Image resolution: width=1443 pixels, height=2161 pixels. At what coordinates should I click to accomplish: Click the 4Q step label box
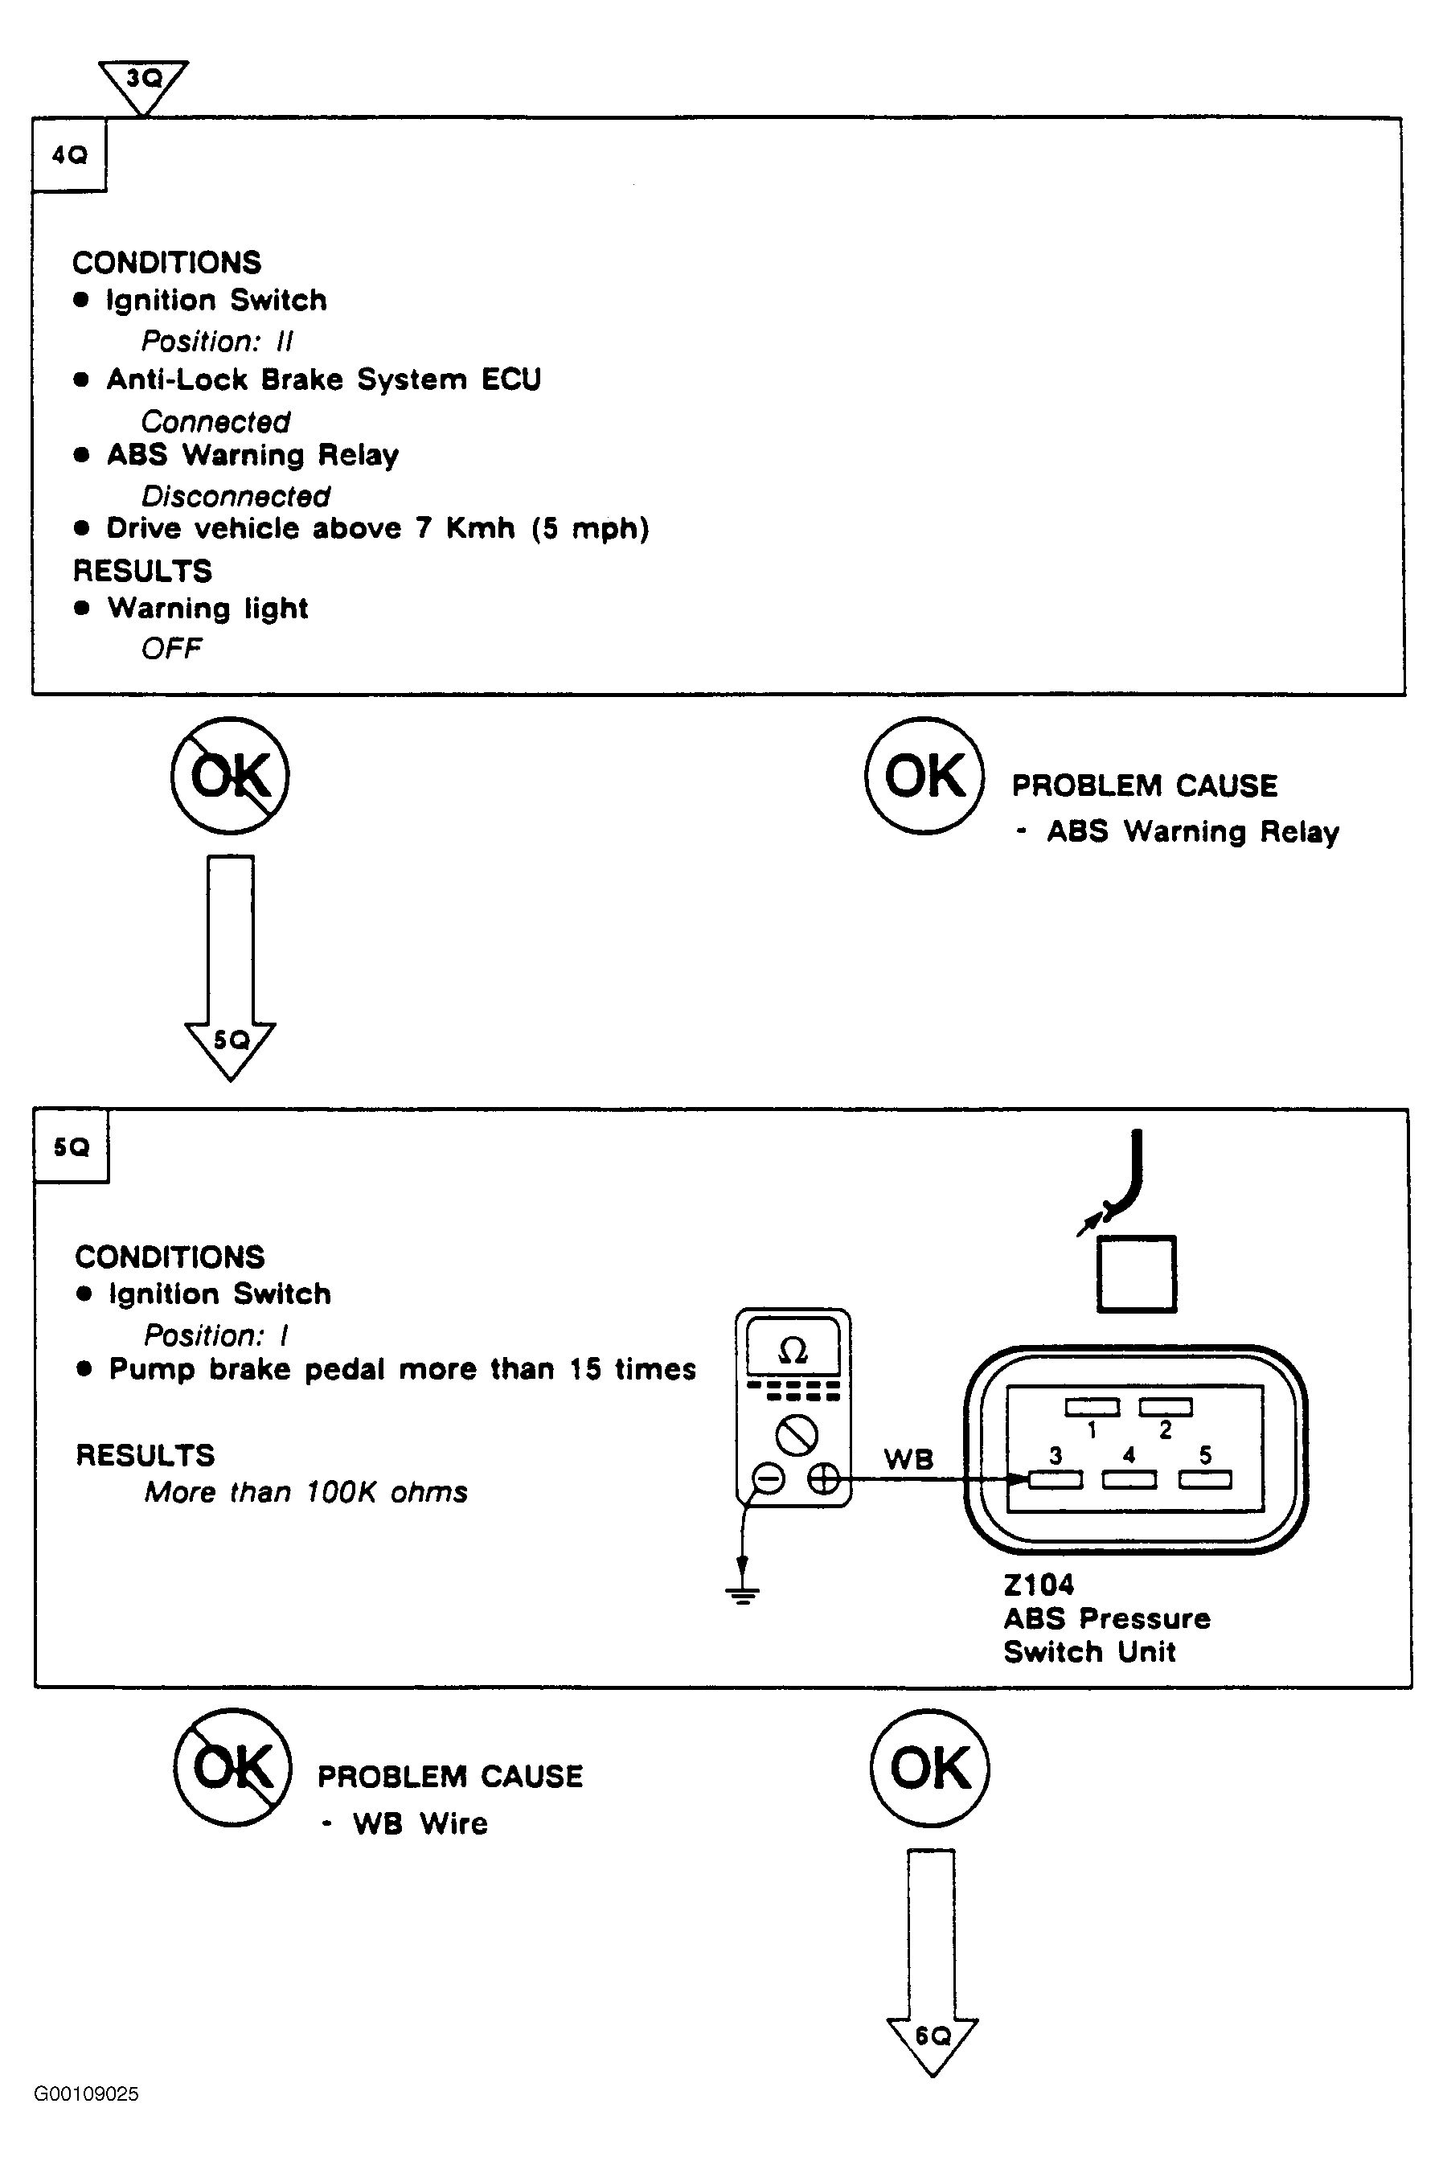[70, 154]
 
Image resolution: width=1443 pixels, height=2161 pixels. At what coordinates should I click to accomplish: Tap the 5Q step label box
[71, 1146]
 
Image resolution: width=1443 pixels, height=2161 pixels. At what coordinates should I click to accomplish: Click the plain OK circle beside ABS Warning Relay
[924, 776]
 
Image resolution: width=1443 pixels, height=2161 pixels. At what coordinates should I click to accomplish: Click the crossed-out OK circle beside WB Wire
[233, 1768]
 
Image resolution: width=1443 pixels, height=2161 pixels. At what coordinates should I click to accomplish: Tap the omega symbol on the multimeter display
[793, 1350]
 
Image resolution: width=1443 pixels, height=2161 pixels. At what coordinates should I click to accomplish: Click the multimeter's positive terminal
[824, 1479]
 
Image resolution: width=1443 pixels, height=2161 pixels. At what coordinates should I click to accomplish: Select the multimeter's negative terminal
[769, 1479]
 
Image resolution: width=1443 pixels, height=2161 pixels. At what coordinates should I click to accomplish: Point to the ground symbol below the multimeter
[743, 1593]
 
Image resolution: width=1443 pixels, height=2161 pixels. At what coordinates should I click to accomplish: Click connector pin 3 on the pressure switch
[1056, 1480]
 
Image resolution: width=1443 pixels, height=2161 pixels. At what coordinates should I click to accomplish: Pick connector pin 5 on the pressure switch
[1206, 1480]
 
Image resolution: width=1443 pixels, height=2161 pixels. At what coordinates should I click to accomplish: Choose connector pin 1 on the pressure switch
[1092, 1407]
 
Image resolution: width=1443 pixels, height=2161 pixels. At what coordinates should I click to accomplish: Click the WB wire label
[908, 1460]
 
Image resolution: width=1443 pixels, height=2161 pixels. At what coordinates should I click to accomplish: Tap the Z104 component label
[1039, 1585]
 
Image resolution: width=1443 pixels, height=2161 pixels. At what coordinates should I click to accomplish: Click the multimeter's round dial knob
[797, 1435]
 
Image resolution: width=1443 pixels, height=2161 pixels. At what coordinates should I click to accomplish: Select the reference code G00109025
[87, 2093]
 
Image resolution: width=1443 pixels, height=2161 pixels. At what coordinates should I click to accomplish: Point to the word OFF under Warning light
[171, 649]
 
